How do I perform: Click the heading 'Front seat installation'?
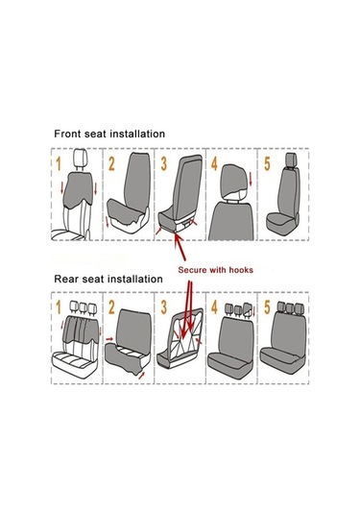[109, 134]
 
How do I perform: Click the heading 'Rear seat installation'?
[108, 279]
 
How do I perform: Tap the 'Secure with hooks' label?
[216, 270]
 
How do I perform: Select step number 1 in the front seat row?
[59, 163]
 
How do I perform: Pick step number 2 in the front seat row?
[111, 163]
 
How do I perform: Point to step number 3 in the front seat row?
[164, 163]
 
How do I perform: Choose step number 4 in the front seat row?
[214, 163]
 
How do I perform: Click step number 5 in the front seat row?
[267, 163]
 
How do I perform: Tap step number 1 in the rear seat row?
[59, 307]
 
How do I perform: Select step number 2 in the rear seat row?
[111, 307]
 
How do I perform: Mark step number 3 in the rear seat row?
[164, 307]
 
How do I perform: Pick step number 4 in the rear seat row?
[214, 307]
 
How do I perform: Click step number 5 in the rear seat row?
[267, 307]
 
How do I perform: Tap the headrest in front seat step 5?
[291, 160]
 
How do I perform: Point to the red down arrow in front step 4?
[251, 180]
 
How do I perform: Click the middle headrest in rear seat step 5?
[290, 308]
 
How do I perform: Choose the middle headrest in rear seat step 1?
[84, 307]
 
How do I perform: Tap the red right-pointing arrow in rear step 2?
[109, 339]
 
